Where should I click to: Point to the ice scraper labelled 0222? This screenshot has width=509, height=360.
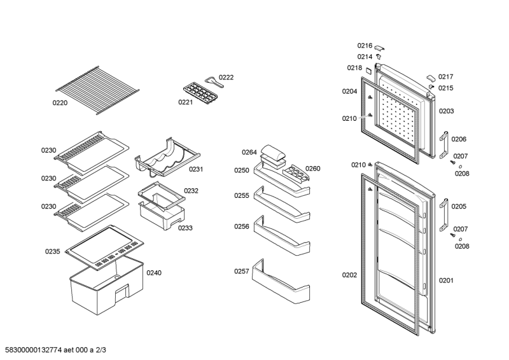(210, 80)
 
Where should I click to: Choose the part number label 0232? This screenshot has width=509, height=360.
(192, 190)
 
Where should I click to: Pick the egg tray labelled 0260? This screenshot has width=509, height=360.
(293, 172)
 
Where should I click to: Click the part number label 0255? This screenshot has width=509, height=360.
(241, 196)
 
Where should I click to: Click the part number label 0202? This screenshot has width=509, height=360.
(349, 275)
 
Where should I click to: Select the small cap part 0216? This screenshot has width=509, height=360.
(380, 46)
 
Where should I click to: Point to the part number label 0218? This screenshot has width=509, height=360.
(354, 68)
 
